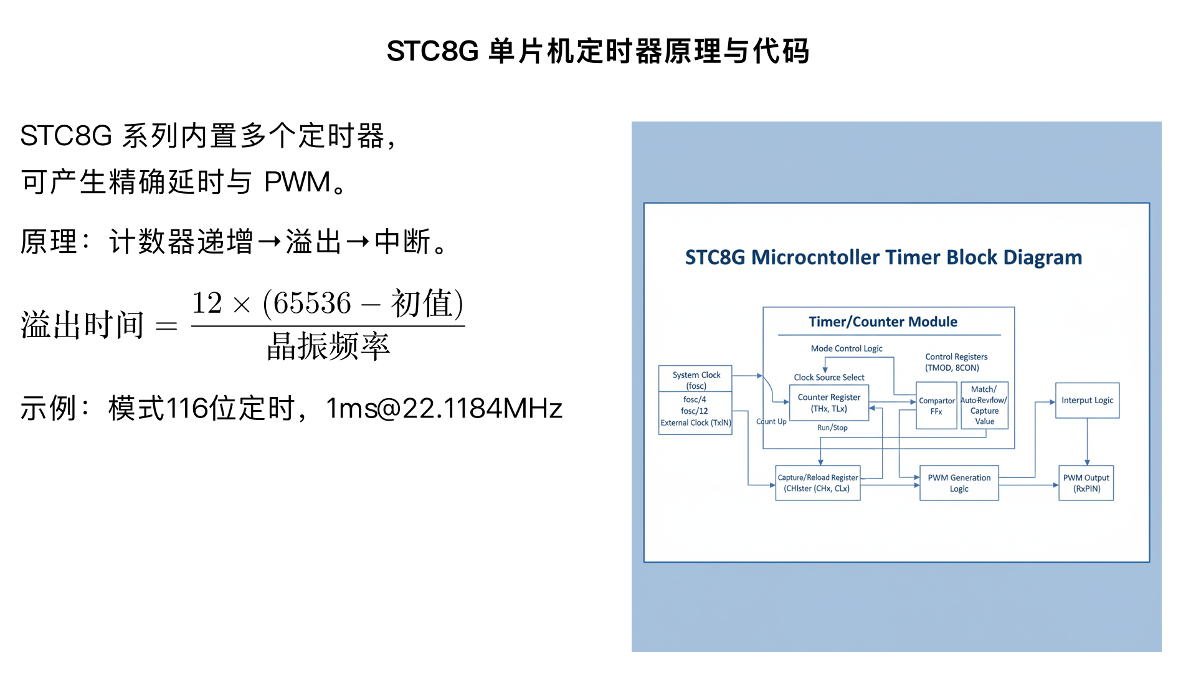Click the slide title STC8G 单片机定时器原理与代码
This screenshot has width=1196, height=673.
pyautogui.click(x=598, y=51)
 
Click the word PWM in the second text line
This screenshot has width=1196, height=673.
pyautogui.click(x=297, y=183)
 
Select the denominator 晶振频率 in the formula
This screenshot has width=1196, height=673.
pyautogui.click(x=328, y=346)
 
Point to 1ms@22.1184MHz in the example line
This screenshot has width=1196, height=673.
pyautogui.click(x=444, y=409)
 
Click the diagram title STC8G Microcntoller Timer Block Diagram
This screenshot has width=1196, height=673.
pyautogui.click(x=883, y=257)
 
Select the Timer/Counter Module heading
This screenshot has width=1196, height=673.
pyautogui.click(x=883, y=322)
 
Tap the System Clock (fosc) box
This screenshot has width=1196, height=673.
pyautogui.click(x=696, y=379)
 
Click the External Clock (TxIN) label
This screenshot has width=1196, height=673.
pyautogui.click(x=696, y=423)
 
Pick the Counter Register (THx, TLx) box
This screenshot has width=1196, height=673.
pyautogui.click(x=828, y=403)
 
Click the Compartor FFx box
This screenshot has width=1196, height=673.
pyautogui.click(x=936, y=406)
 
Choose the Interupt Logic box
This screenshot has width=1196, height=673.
pyautogui.click(x=1087, y=401)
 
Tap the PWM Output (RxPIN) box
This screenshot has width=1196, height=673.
pyautogui.click(x=1086, y=483)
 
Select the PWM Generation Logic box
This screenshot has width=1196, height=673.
pyautogui.click(x=959, y=483)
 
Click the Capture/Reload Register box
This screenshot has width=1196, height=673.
pyautogui.click(x=817, y=483)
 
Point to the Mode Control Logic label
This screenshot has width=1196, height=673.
pyautogui.click(x=846, y=348)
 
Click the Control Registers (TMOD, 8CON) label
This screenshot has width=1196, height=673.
pyautogui.click(x=956, y=362)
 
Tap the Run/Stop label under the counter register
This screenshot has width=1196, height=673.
pyautogui.click(x=832, y=427)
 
